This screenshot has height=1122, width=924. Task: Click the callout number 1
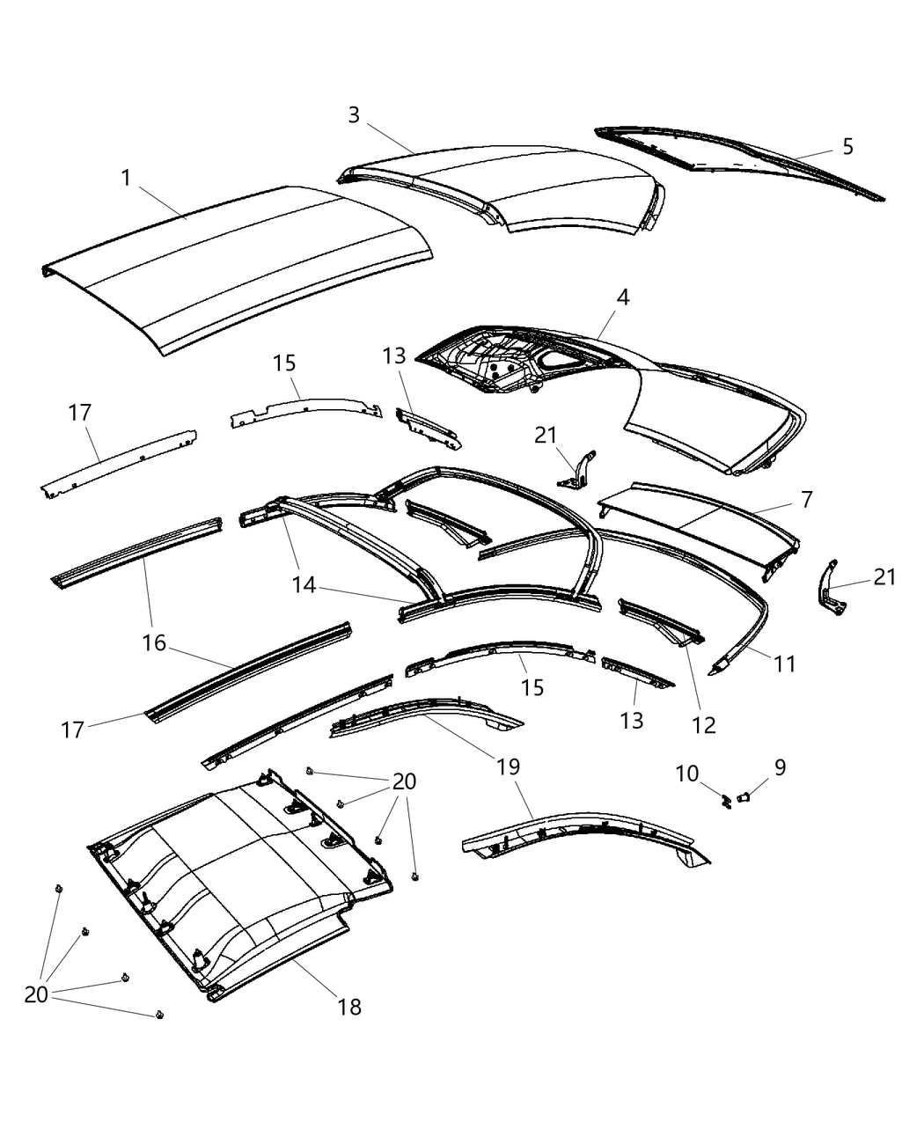126,179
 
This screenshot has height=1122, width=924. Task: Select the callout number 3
354,115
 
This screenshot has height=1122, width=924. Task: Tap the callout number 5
847,146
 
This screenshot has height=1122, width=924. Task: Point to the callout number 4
622,297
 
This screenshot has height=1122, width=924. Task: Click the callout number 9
780,768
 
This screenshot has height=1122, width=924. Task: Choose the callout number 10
686,774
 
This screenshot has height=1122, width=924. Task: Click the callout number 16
154,643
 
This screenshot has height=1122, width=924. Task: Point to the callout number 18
349,1007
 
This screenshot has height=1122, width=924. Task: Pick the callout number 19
509,766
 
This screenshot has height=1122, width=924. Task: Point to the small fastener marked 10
726,801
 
